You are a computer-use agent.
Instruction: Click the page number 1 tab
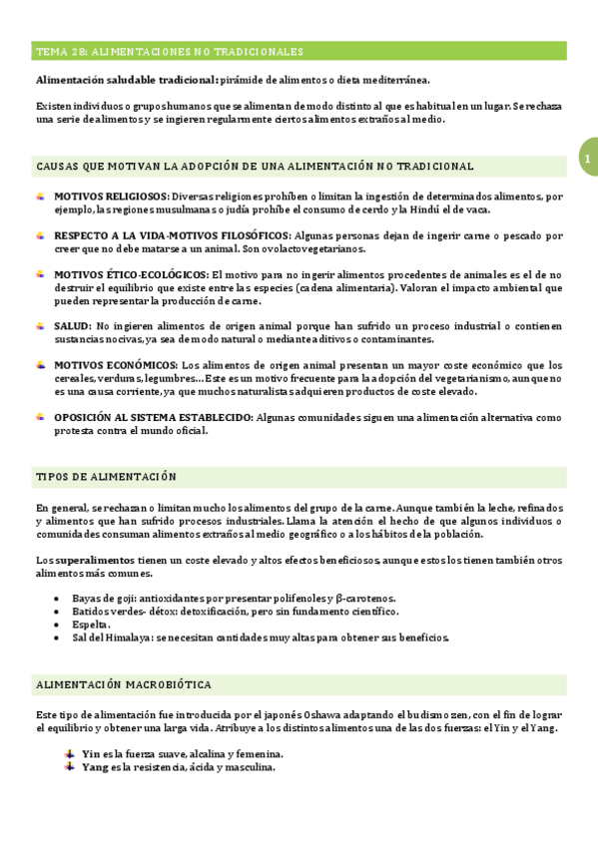[588, 160]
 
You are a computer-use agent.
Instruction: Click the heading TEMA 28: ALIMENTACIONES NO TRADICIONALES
[170, 51]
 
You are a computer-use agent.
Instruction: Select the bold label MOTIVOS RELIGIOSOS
[111, 197]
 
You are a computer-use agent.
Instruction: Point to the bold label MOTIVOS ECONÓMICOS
[115, 365]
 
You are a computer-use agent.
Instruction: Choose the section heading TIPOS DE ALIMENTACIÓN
[106, 477]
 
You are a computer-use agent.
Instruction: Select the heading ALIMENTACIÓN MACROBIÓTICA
[123, 684]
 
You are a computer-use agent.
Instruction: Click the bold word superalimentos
[96, 560]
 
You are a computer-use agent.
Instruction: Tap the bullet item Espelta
[92, 625]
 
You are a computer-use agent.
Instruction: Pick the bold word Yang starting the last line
[95, 768]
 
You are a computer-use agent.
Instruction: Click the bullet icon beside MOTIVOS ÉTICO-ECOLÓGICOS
[41, 273]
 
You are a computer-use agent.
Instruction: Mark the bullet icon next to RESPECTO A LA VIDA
[41, 235]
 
